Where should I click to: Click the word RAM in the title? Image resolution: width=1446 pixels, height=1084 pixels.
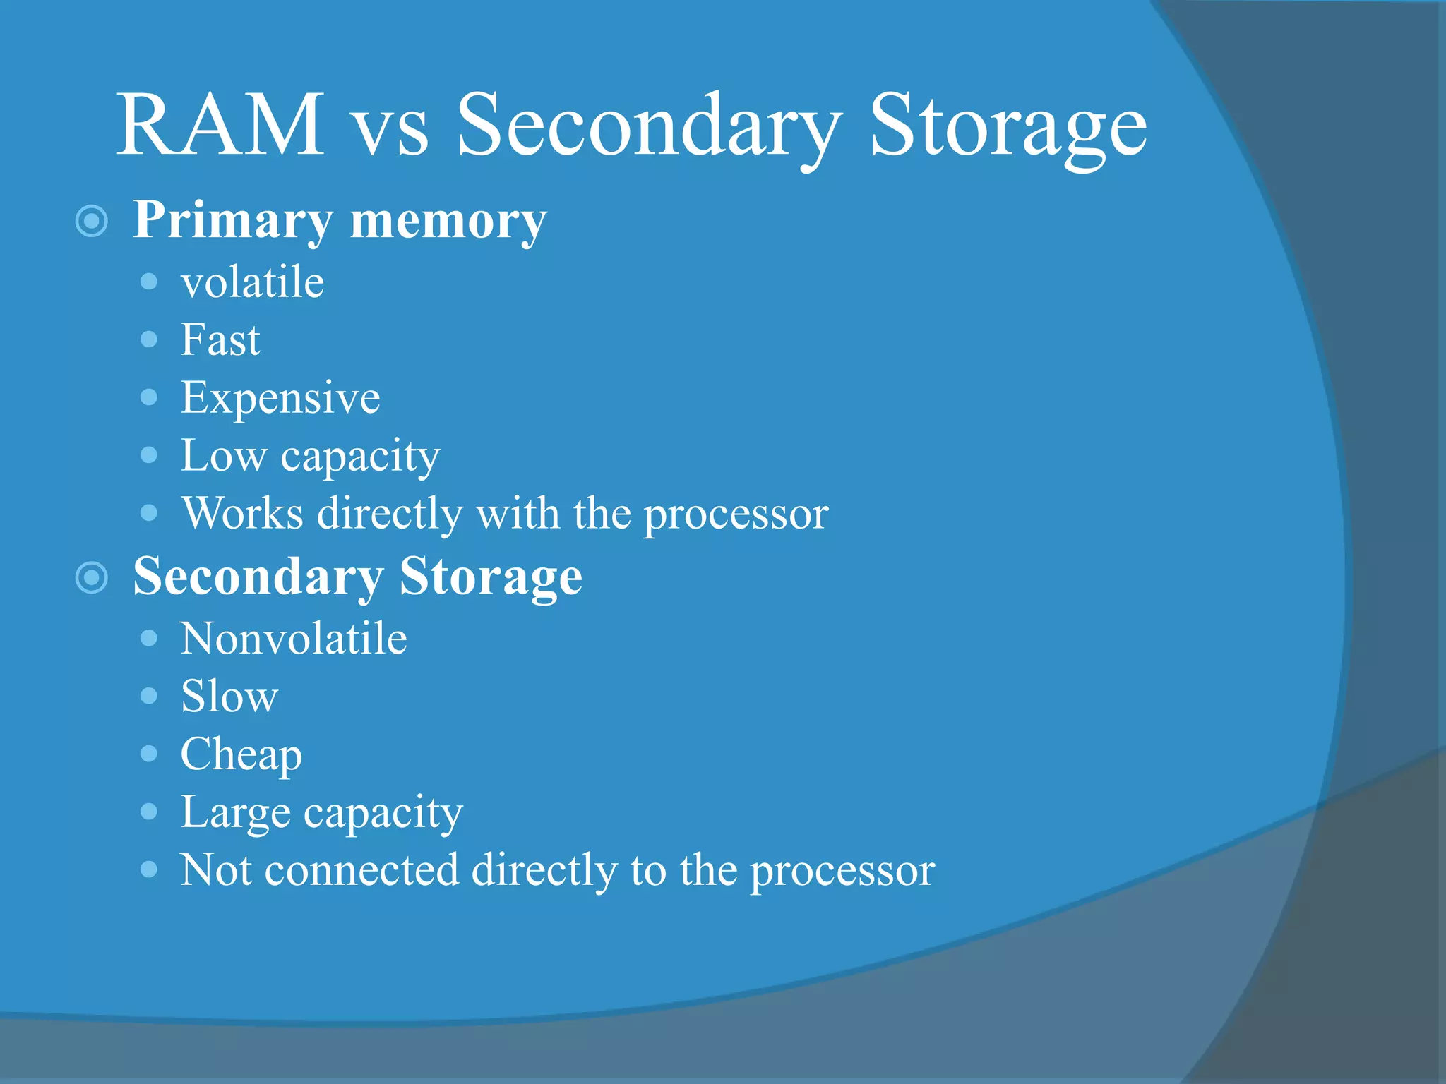coord(220,125)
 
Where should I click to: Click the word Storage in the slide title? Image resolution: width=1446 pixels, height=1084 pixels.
coord(1008,127)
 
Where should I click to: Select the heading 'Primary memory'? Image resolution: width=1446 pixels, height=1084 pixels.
coord(340,220)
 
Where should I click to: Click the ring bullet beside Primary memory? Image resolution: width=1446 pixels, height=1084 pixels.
coord(91,222)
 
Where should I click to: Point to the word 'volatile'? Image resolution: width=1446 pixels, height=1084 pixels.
coord(252,282)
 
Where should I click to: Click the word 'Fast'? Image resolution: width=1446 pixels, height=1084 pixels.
coord(220,340)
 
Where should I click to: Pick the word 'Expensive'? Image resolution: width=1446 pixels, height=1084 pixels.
coord(280,398)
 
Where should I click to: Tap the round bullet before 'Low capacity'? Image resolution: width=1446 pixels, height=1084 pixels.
coord(149,454)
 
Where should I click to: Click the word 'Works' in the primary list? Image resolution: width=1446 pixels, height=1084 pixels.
coord(242,513)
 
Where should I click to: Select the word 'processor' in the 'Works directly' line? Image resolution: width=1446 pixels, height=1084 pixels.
coord(736,514)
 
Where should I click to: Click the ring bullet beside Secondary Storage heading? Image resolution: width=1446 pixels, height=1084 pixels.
coord(91,578)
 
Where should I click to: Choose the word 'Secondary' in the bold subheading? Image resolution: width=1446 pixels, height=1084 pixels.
coord(257,577)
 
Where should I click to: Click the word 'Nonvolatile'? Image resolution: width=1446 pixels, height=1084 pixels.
coord(294,639)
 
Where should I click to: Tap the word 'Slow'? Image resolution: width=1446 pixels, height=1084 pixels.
coord(229,697)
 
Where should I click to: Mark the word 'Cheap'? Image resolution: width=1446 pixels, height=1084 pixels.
coord(241,755)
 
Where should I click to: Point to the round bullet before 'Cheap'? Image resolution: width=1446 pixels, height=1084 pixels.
coord(149,754)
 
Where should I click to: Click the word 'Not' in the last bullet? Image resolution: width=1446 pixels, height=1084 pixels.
coord(215,870)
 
